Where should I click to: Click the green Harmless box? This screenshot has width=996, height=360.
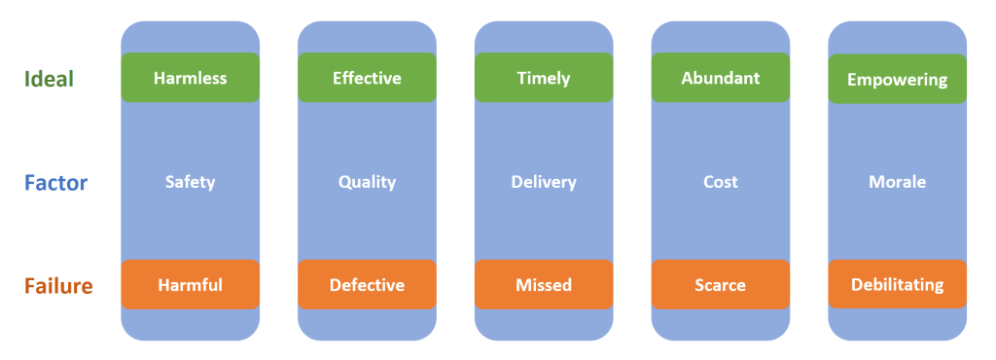click(190, 78)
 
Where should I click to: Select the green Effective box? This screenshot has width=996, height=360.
click(367, 78)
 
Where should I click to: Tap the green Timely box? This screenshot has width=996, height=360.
click(544, 78)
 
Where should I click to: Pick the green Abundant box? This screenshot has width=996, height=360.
click(720, 78)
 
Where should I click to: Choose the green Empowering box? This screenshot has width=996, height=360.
click(897, 79)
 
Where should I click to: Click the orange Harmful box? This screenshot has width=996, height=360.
click(190, 285)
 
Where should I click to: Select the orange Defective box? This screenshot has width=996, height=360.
click(367, 285)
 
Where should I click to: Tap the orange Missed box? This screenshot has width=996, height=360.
click(544, 285)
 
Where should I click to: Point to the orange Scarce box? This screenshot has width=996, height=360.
click(720, 285)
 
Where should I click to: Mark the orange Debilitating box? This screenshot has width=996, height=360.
click(897, 285)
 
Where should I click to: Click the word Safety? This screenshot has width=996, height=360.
click(190, 182)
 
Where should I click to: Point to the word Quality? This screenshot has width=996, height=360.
click(367, 182)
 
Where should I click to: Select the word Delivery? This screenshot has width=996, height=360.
click(544, 182)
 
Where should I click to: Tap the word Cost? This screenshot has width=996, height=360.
click(720, 182)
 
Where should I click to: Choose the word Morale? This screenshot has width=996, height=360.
click(897, 182)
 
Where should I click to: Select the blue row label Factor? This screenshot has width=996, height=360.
click(56, 182)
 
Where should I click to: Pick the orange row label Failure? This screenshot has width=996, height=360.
click(59, 286)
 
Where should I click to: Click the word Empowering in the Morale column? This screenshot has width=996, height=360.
click(897, 80)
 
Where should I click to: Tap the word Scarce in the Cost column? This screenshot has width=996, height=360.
click(720, 285)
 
